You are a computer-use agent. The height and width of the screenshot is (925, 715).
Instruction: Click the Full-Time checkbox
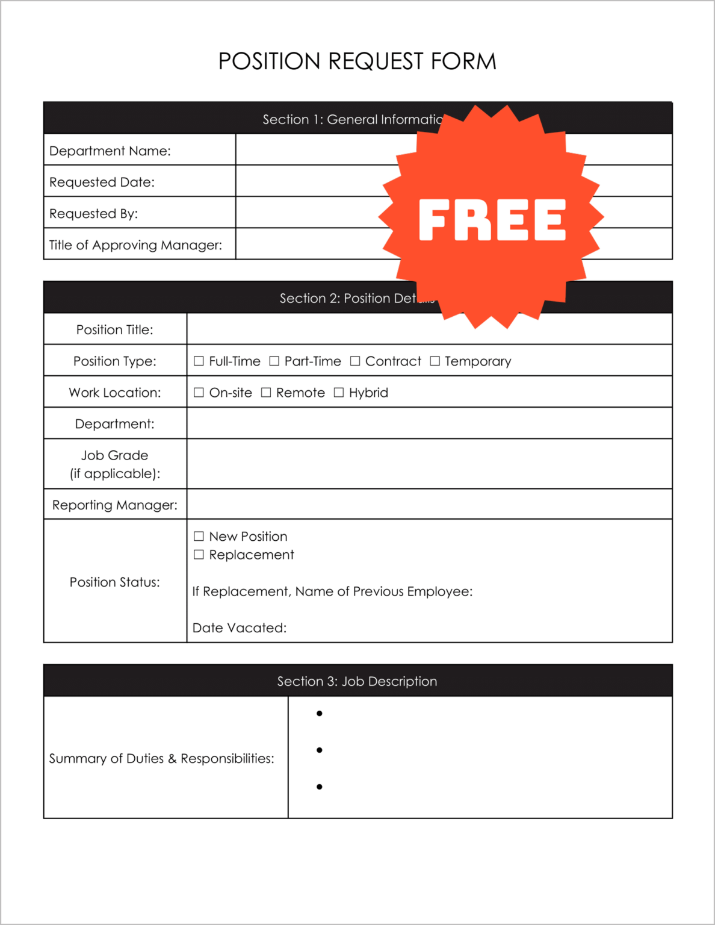(199, 361)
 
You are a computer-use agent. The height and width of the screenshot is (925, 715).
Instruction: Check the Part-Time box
(274, 361)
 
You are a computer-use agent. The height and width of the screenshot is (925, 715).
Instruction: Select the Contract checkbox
(355, 361)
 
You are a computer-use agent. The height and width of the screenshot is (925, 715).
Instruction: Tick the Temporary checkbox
(435, 361)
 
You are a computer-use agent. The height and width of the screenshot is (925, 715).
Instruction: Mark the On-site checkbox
(199, 393)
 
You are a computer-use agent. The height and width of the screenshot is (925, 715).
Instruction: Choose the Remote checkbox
(266, 393)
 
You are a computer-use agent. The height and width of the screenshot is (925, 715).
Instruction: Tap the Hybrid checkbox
(339, 393)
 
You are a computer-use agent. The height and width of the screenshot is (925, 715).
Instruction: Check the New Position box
(199, 537)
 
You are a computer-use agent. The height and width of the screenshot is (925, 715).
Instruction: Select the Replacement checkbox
(199, 555)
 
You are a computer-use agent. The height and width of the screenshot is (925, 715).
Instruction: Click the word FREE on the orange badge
(492, 220)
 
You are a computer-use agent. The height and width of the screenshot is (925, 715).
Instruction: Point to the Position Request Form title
(357, 61)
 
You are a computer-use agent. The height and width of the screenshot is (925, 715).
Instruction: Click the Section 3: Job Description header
(357, 681)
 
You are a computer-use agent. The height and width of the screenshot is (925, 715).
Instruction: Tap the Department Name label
(110, 151)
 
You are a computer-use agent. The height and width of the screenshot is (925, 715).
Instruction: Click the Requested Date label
(102, 182)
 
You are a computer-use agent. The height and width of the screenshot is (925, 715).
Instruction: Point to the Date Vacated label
(240, 628)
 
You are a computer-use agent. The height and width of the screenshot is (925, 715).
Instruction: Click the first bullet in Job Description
(320, 714)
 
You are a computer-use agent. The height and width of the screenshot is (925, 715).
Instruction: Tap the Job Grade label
(115, 464)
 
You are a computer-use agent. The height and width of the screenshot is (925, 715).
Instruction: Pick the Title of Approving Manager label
(135, 245)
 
